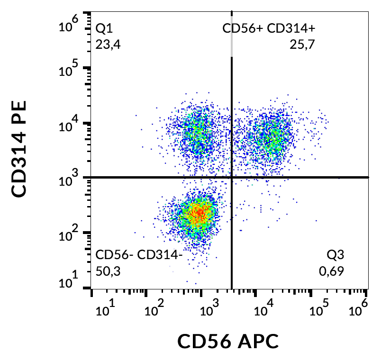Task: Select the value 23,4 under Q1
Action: [106, 45]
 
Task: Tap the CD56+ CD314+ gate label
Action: [269, 29]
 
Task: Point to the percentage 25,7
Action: [302, 45]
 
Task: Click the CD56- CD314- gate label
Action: [139, 255]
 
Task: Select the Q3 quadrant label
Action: [335, 255]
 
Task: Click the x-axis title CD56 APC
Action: [227, 341]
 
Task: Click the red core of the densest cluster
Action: [200, 213]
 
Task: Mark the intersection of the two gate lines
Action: [232, 177]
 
